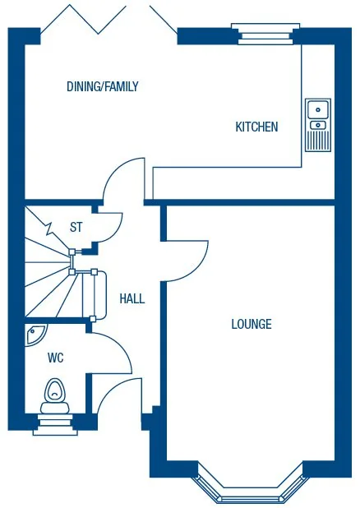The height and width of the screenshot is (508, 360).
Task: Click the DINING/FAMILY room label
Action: click(x=102, y=86)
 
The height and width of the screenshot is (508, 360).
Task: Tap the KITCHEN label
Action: click(x=256, y=127)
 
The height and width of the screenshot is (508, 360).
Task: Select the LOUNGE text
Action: click(x=251, y=324)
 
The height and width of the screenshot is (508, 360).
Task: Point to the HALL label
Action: click(x=132, y=298)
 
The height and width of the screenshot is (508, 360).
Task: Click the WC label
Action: click(x=56, y=358)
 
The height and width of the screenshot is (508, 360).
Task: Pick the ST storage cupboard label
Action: click(x=76, y=227)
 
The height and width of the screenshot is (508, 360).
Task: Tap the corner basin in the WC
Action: click(x=35, y=334)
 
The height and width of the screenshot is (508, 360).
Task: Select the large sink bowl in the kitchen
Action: click(x=317, y=109)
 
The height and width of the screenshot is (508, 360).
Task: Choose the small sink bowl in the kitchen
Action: click(x=317, y=125)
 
